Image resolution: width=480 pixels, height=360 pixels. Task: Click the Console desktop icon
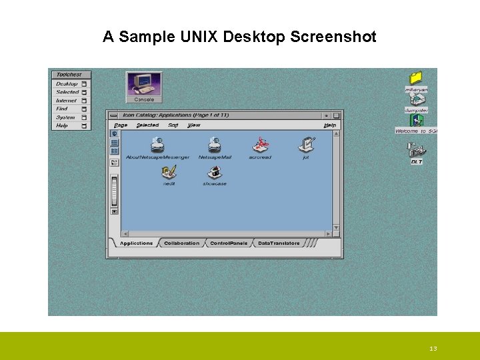(144, 86)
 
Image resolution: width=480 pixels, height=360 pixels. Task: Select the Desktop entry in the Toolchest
(67, 84)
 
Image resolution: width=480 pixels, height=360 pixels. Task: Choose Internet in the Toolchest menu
(67, 101)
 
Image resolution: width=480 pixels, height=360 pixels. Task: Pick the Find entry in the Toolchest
(62, 109)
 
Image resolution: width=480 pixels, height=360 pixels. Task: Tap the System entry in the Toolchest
(65, 117)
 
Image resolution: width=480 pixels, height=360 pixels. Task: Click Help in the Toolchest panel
(62, 125)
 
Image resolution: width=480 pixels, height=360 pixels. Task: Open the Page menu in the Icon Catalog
(121, 125)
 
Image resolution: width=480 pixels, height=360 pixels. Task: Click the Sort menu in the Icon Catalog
(173, 125)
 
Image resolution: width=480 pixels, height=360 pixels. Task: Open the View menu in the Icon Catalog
(193, 125)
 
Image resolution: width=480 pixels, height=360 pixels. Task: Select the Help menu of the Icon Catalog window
(330, 125)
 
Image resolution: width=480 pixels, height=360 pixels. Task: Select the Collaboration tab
(181, 243)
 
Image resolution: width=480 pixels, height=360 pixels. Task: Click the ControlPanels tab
(229, 243)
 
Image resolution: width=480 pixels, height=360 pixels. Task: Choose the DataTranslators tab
(279, 243)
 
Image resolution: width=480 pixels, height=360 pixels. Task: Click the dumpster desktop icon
(416, 101)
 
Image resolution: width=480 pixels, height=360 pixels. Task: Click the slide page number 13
(433, 349)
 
